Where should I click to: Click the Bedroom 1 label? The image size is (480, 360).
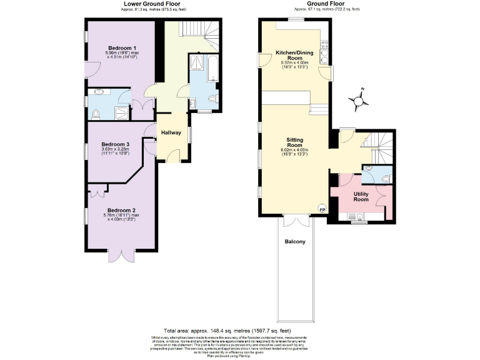pos(122,48)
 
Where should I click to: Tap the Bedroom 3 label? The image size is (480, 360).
pos(115,144)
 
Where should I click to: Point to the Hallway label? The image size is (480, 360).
pos(171,132)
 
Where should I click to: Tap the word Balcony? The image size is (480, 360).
pos(295,241)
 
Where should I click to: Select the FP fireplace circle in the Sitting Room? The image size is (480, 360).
pos(322,209)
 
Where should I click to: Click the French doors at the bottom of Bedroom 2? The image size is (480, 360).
pos(121,254)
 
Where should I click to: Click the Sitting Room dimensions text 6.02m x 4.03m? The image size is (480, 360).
pos(294,150)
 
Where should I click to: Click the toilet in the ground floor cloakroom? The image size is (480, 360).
pos(385,179)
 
